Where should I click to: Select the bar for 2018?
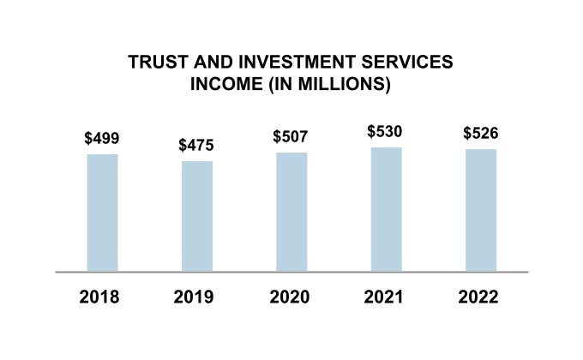pos(102,213)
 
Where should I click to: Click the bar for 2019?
pos(197,216)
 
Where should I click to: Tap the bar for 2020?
pos(291,212)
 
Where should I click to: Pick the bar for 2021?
pos(386,209)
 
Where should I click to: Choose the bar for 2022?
pos(480,210)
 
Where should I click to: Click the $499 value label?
pos(102,138)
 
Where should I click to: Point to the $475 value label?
pos(196,145)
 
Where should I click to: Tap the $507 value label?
pos(291,136)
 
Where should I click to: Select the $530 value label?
pos(385,131)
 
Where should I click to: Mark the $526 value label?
pos(480,134)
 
